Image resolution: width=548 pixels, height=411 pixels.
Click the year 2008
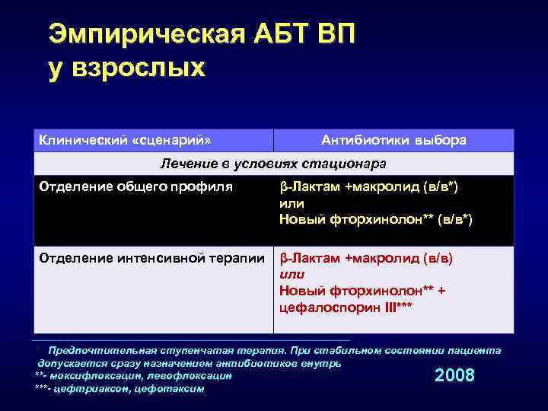(x=454, y=375)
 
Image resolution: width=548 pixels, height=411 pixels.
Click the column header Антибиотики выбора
(x=393, y=140)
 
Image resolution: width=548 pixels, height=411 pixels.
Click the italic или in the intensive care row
(x=292, y=274)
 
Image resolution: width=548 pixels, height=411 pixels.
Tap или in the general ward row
(x=292, y=203)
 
